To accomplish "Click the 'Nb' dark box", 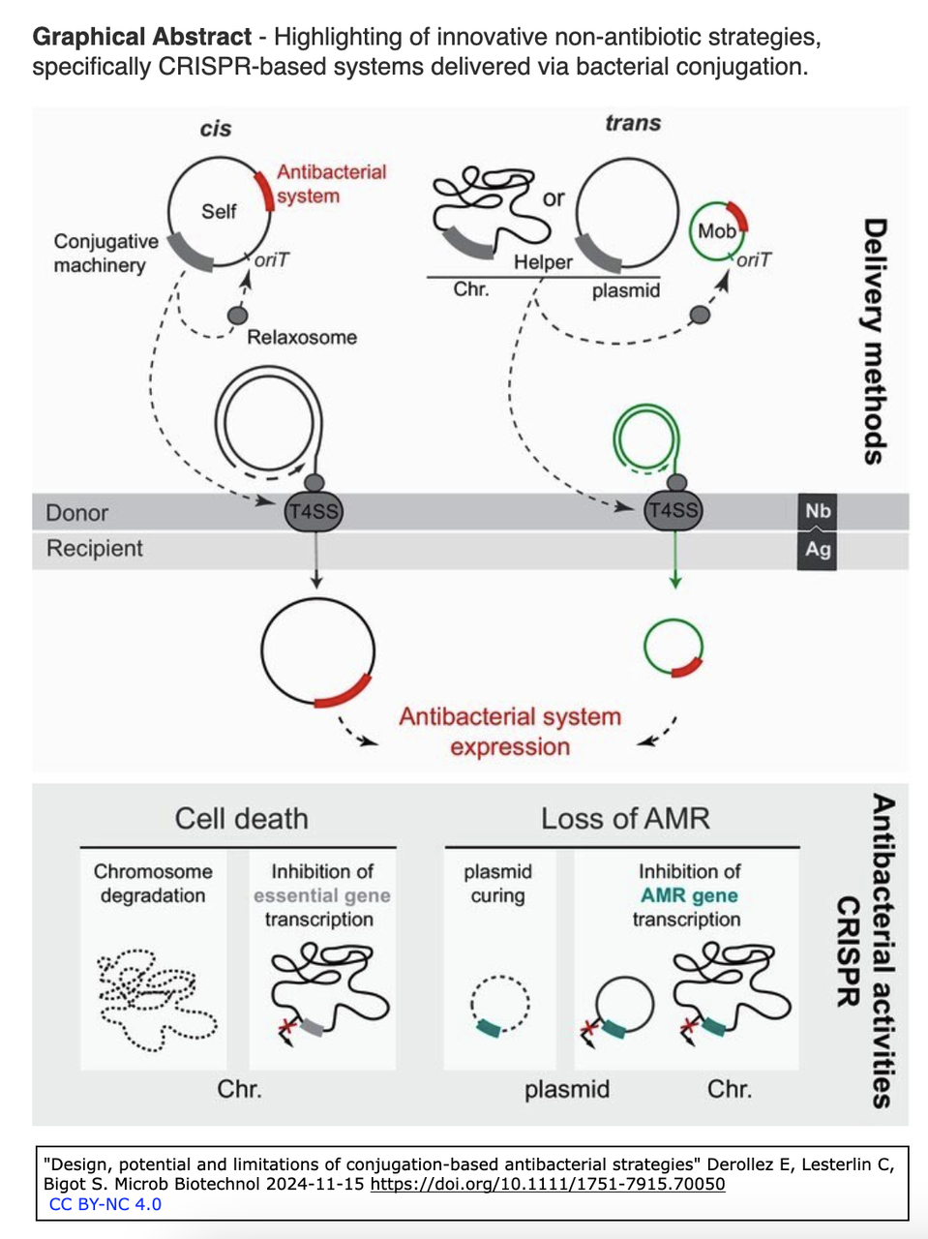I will coord(818,511).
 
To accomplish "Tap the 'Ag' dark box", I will coord(818,549).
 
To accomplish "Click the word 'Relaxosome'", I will coord(302,337).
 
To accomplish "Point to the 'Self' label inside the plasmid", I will coord(219,211).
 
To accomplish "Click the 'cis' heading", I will coord(215,129).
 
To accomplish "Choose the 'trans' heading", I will coord(633,123).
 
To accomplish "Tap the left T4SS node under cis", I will coord(314,511).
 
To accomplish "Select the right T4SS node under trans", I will coord(673,511).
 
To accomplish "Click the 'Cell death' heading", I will coord(241,819).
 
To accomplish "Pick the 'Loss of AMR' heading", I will coord(625,819).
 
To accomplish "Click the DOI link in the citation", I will coord(548,1184).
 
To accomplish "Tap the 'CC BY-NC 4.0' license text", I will coord(105,1204).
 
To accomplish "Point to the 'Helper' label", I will coord(543,261).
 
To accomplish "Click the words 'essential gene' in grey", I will coord(322,895).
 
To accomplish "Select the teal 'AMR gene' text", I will coord(689,895).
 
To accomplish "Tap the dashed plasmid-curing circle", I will coord(499,1006).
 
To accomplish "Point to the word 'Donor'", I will coord(77,513).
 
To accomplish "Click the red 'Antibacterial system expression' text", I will coord(510,732).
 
